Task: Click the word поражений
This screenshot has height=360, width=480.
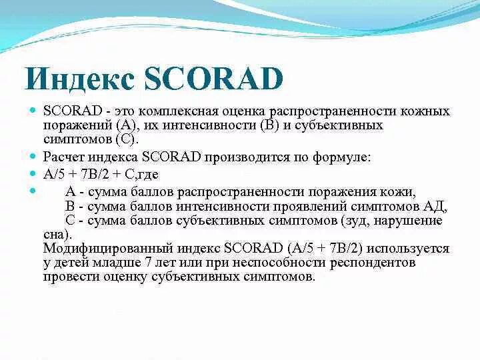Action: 73,125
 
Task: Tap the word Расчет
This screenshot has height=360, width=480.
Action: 63,158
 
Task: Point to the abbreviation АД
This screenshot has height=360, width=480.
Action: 438,206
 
